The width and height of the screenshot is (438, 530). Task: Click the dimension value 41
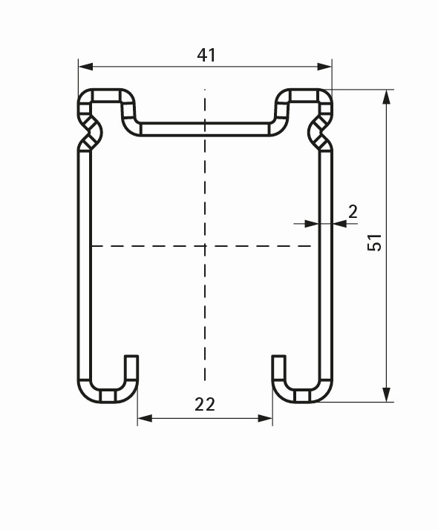(206, 55)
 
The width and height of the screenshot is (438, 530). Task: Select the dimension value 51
(374, 242)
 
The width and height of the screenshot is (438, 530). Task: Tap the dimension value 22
(205, 404)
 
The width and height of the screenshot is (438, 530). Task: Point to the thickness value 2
(353, 212)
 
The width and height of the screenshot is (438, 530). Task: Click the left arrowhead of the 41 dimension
(85, 67)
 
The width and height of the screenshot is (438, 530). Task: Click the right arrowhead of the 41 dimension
(324, 67)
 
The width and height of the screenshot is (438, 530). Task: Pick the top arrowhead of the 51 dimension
(386, 96)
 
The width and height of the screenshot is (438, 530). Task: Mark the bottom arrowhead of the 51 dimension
(386, 395)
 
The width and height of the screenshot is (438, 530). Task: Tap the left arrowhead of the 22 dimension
(145, 419)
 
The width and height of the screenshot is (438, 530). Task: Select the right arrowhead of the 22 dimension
(265, 419)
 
